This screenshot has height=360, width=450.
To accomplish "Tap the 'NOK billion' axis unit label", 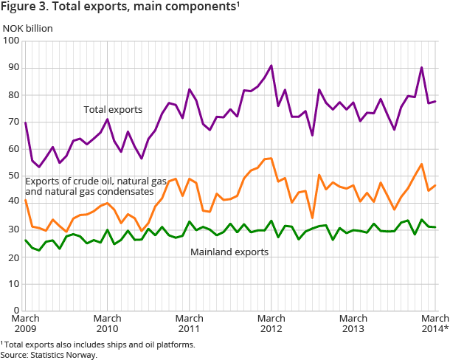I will (x=27, y=29).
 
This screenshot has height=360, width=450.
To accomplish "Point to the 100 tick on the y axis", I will (x=11, y=41).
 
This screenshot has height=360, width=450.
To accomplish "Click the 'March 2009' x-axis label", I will (x=26, y=323).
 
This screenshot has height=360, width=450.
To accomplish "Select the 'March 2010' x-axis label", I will (x=108, y=323).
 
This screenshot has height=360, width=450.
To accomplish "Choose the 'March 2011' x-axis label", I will (x=190, y=323).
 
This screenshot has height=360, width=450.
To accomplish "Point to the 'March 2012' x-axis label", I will (x=271, y=323).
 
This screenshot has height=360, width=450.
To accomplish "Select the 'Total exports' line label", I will (x=112, y=109).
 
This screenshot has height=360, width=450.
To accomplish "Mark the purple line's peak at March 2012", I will (x=271, y=66).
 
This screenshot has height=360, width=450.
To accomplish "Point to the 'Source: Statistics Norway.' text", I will (x=49, y=355).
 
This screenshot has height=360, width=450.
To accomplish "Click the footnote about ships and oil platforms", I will (x=98, y=345).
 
